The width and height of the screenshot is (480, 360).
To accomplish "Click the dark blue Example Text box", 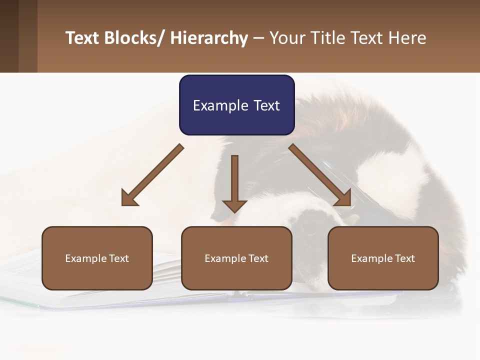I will (236, 105).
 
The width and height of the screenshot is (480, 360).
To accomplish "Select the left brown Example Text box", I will (97, 258).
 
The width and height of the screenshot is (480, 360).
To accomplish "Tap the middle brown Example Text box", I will (236, 258).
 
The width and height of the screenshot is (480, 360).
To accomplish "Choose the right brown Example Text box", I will (383, 258).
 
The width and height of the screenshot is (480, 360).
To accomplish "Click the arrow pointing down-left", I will (152, 175).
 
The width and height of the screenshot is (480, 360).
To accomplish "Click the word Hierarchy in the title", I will (208, 38).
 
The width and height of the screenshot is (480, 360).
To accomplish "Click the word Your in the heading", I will (287, 38).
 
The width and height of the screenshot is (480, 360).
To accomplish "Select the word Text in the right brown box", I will (404, 258).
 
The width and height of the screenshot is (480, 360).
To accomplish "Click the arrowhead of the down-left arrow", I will (129, 198).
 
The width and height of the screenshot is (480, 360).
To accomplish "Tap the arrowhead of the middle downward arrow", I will (234, 205).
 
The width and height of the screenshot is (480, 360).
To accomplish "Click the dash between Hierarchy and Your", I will (258, 38).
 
